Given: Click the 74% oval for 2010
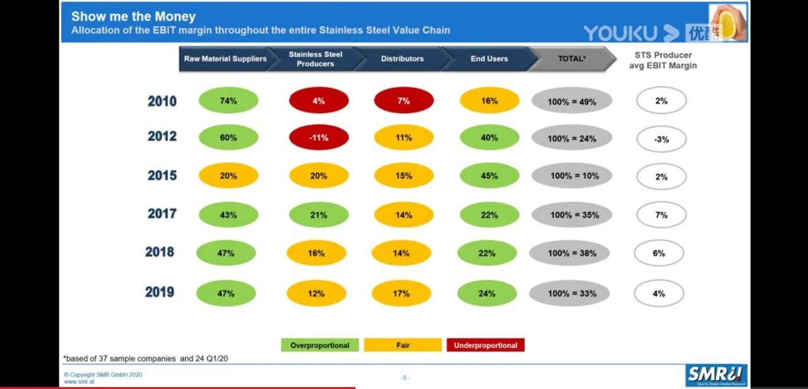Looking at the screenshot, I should point(229,101).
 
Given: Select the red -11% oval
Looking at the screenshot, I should point(319,138).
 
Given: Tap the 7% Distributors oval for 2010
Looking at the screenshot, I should point(404,101).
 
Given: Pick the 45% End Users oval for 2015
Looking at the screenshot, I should point(489,176).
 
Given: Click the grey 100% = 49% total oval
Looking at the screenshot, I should point(572,102).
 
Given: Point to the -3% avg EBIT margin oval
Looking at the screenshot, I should point(661,139).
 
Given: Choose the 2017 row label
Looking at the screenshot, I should point(162,214).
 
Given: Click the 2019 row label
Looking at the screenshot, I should point(160,292).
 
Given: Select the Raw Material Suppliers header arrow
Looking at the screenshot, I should point(225,59).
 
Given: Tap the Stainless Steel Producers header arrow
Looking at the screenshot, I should point(316,59).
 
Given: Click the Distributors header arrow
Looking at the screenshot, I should point(403,59).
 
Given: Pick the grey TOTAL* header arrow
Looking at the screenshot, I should point(571,59).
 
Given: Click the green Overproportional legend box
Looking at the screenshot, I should point(320,345).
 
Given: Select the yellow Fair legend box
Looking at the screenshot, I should point(403,345).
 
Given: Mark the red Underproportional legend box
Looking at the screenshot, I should point(485,345).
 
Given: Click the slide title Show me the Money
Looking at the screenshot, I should point(133,17).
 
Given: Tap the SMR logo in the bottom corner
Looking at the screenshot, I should point(716,375).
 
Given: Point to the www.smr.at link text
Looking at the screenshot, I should point(79,381).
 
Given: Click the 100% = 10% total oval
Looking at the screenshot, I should point(572,176).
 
